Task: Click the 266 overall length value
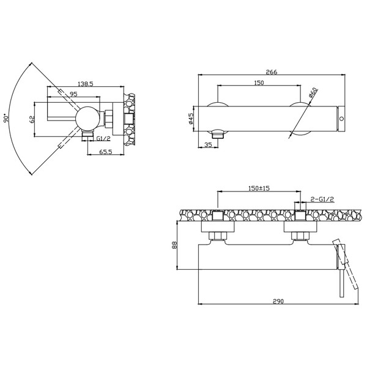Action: tap(272, 72)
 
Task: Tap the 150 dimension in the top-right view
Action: tap(259, 83)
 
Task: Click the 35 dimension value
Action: tap(207, 146)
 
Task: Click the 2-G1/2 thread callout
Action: tap(322, 199)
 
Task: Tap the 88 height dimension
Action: tap(174, 245)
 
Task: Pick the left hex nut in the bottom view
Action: tap(218, 235)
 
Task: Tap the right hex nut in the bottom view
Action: tap(301, 235)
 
